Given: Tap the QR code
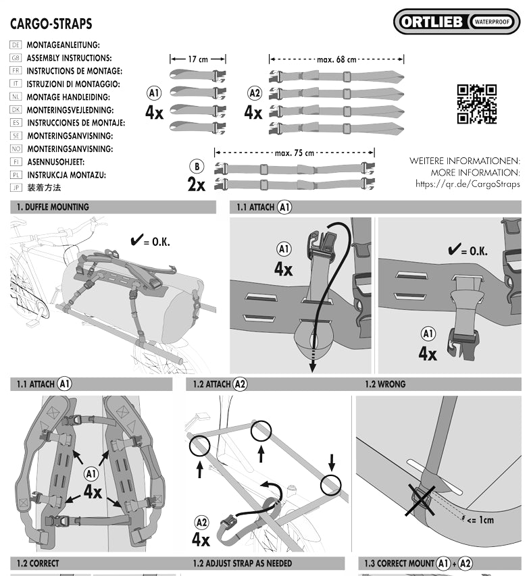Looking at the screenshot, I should [477, 105].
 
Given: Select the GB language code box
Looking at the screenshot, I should [17, 58].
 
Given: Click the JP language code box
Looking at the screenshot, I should [17, 187].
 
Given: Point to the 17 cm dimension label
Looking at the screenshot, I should [197, 59].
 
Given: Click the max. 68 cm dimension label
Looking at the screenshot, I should [336, 59].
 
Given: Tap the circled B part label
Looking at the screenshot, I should [197, 167].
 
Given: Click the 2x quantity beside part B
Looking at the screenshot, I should [197, 184].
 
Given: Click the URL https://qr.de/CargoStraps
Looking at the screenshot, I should [468, 184].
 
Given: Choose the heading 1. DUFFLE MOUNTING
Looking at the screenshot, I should [53, 207].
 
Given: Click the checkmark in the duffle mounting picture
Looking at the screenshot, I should [136, 240].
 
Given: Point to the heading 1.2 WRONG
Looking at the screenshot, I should [385, 384].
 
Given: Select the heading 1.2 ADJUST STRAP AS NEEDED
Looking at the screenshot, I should [243, 563].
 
